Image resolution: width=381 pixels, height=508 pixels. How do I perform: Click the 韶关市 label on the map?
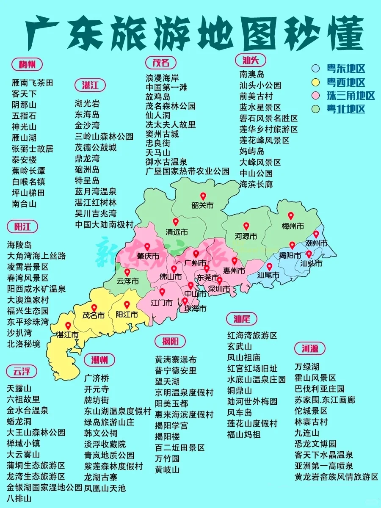203,206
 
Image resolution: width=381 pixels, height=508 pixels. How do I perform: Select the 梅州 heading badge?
27,65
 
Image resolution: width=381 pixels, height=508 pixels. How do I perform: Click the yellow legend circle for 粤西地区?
315,82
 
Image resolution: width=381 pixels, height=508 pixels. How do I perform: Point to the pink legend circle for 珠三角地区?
315,96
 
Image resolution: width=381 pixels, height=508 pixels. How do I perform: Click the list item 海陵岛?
19,245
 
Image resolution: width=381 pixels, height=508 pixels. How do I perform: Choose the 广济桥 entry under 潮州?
97,378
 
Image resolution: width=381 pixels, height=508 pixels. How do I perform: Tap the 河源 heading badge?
310,349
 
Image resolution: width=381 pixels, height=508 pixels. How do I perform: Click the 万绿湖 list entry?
307,367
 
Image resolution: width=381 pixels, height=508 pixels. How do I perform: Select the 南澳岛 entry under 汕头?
252,74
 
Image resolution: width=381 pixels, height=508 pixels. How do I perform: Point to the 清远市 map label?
177,232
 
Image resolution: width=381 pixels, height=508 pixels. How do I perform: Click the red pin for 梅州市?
291,216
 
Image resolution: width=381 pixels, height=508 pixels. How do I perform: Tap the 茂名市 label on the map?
94,315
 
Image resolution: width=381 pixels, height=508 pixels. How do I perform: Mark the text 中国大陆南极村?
104,224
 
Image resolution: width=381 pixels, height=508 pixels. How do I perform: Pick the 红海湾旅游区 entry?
252,336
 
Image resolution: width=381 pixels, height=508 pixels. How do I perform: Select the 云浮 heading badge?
22,372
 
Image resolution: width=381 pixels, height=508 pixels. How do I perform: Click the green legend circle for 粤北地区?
315,109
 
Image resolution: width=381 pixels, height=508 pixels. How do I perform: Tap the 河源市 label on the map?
246,236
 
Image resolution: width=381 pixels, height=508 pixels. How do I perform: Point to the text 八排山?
19,499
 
